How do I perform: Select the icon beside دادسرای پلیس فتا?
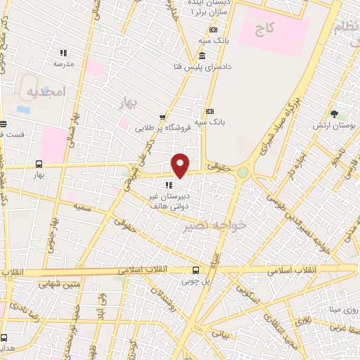[x=202, y=56]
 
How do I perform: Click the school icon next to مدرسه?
[x=63, y=53]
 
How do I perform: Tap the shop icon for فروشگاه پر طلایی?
[x=162, y=117]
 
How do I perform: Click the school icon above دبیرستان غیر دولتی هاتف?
[x=169, y=186]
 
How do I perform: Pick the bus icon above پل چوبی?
[x=196, y=270]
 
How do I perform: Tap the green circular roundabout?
[x=243, y=172]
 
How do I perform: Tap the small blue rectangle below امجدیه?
[x=22, y=110]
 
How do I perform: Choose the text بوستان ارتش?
[x=334, y=125]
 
